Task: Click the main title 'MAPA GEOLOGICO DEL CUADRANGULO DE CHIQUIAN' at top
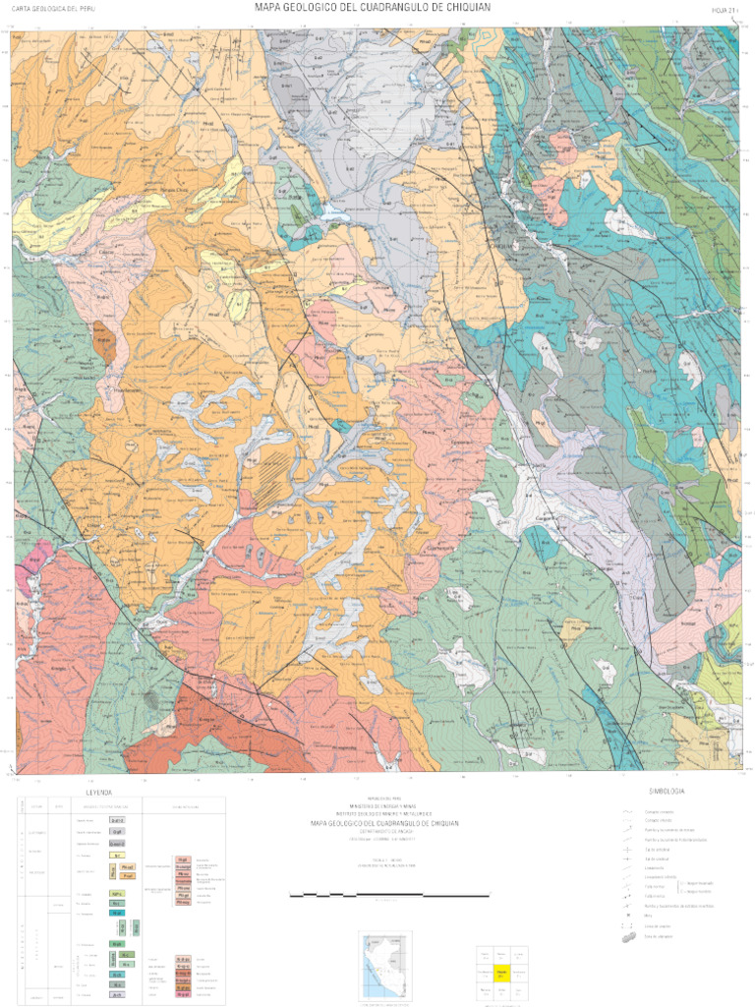click(x=373, y=8)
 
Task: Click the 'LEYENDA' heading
click(x=99, y=792)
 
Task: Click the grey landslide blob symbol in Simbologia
click(x=627, y=938)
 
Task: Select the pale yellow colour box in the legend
click(x=117, y=855)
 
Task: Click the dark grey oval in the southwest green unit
click(x=150, y=699)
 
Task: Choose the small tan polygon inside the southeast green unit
click(x=571, y=628)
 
